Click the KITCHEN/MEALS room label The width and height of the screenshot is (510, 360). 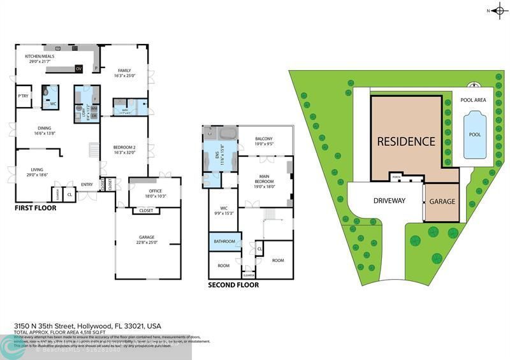39,57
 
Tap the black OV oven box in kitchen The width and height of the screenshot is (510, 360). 79,68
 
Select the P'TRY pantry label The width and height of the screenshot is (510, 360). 24,96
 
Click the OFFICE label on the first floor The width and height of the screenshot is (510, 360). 155,191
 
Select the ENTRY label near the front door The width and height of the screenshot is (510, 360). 87,185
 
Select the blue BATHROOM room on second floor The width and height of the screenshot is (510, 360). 224,241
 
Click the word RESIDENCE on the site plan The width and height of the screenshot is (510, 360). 405,141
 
